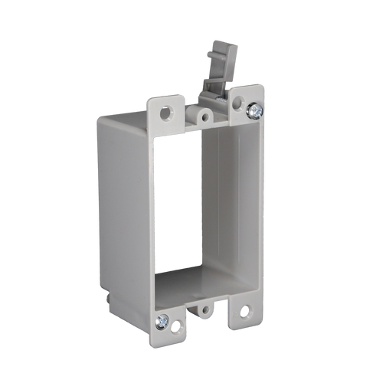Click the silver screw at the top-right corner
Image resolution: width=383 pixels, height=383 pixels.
[x=254, y=111]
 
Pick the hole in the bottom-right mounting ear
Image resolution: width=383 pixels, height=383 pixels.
[x=244, y=312]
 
